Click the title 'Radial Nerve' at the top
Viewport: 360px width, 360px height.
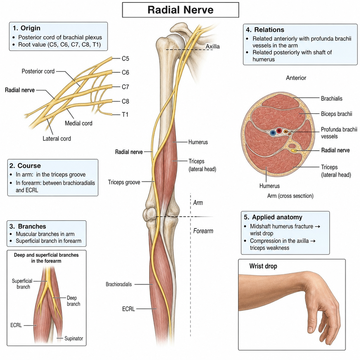tap(180, 10)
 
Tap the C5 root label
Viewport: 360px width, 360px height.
tap(126, 59)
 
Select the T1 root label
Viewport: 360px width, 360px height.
tap(125, 114)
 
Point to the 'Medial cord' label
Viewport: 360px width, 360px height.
tap(78, 123)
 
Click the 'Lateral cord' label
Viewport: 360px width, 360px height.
tap(57, 139)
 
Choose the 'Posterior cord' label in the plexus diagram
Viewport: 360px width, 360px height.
tap(38, 71)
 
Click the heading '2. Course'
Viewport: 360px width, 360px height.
tap(25, 166)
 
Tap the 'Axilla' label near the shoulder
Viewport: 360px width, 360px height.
tap(213, 46)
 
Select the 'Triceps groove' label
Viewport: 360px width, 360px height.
tap(124, 182)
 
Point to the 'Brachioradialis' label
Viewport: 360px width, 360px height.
tap(119, 284)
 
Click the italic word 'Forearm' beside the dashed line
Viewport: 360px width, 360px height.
tap(203, 231)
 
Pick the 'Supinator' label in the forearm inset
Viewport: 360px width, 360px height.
tap(74, 339)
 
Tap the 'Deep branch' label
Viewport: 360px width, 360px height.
tap(73, 301)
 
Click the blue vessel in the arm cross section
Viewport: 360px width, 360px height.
tap(273, 133)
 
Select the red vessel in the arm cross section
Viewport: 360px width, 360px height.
tap(279, 131)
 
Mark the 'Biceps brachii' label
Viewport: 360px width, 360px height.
tap(336, 114)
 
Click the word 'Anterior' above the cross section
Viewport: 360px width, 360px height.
tap(296, 78)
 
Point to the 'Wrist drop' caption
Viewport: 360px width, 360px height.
tap(263, 266)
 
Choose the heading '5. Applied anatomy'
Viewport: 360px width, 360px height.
tap(273, 217)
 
